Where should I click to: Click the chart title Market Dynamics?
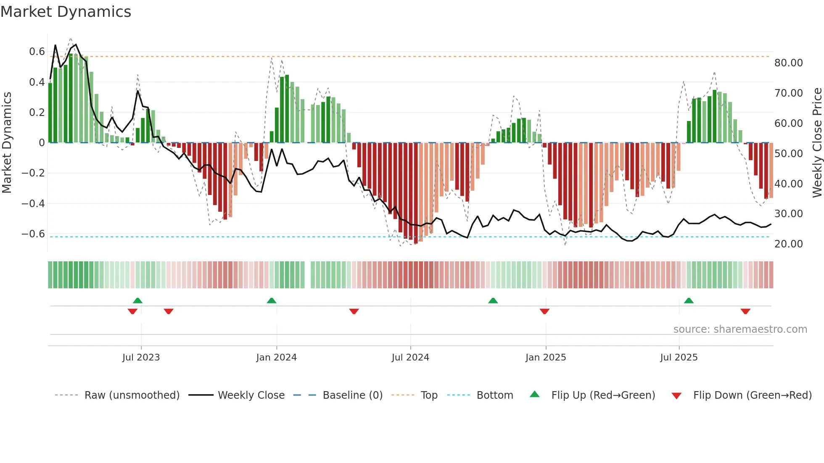tap(66, 12)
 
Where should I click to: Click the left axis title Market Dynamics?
tap(7, 142)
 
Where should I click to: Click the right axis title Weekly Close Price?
tap(817, 142)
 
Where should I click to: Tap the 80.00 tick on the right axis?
tap(788, 63)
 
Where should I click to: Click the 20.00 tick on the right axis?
tap(788, 244)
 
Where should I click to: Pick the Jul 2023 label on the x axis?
tap(141, 358)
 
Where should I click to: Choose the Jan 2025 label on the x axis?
tap(545, 358)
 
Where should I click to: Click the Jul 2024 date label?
tap(410, 358)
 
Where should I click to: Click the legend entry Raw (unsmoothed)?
tap(132, 395)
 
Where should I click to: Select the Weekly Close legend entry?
tap(251, 395)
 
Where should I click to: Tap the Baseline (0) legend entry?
tap(352, 395)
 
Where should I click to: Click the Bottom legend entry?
tap(494, 395)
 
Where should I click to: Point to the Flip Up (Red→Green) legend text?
tap(603, 395)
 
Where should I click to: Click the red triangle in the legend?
tap(676, 396)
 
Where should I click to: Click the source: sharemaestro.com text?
tap(740, 329)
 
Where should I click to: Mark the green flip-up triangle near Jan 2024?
tap(272, 300)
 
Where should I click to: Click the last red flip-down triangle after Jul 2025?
tap(745, 311)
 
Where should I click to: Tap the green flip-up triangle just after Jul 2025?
tap(689, 300)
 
